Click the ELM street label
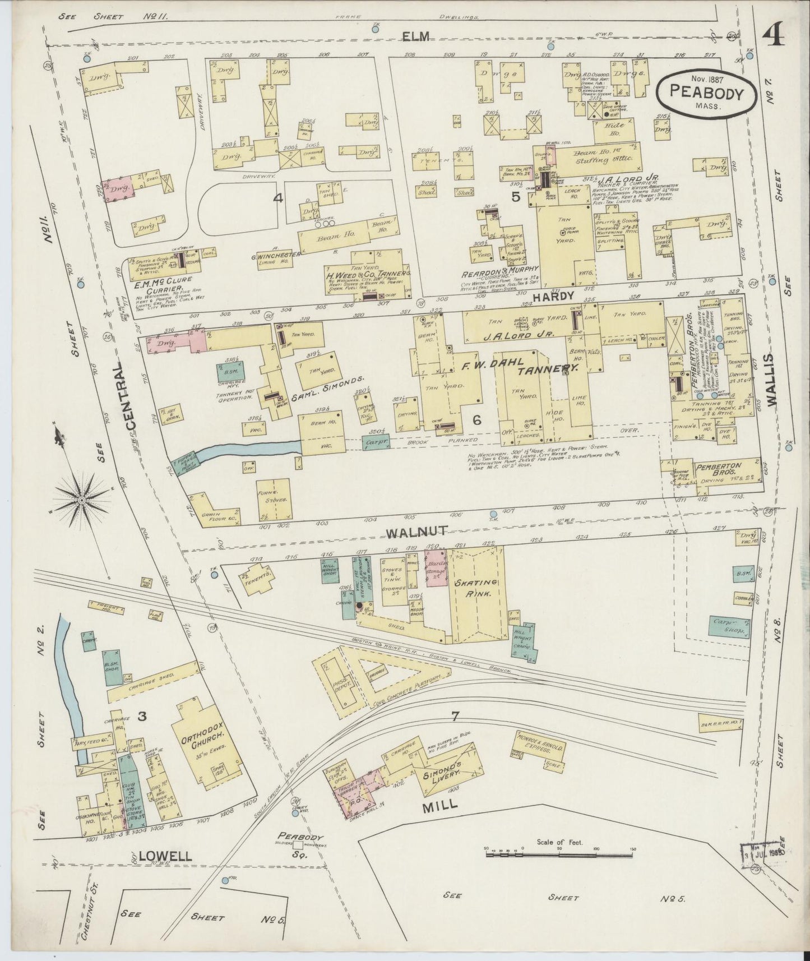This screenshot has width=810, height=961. pyautogui.click(x=415, y=36)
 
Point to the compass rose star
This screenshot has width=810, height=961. pyautogui.click(x=82, y=498)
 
